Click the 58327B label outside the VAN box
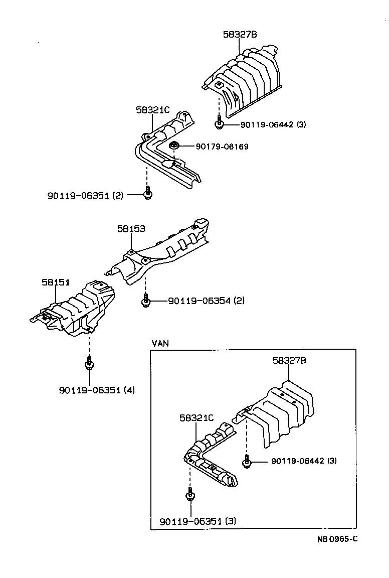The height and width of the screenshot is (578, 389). (240, 34)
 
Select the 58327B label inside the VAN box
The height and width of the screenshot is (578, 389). (289, 360)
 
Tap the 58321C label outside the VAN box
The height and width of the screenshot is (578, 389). (153, 109)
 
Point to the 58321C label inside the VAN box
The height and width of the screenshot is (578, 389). (197, 417)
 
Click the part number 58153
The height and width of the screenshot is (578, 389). (131, 229)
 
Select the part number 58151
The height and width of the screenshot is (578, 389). (56, 282)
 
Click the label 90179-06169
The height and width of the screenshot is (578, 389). (223, 147)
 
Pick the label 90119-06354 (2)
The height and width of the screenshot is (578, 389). (206, 301)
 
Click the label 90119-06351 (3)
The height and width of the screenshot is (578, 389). (198, 521)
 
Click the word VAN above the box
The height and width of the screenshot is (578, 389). (160, 343)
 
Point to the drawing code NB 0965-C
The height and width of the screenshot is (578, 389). (336, 539)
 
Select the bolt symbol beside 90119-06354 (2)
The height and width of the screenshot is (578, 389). (145, 301)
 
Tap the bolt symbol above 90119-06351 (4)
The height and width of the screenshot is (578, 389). (89, 363)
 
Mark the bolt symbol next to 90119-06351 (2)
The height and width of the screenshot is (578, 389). (147, 194)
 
